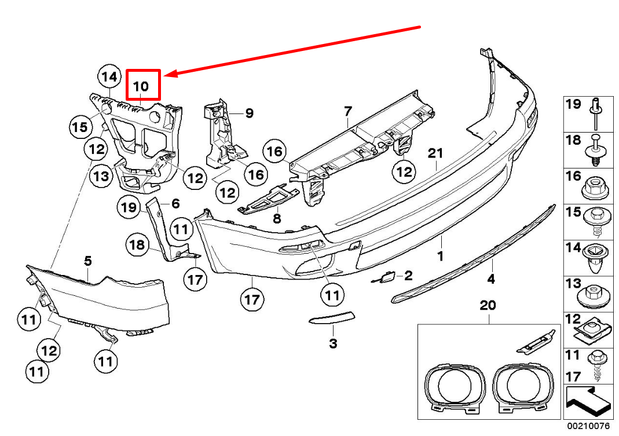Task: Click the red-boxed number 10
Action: [x=141, y=86]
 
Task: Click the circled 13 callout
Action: [x=101, y=175]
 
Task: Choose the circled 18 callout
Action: [x=137, y=245]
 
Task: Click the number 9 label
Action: [x=249, y=113]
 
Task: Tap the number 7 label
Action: [x=348, y=110]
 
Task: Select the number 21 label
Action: [x=435, y=153]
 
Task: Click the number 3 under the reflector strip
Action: [x=333, y=344]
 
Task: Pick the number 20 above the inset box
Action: [x=488, y=306]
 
